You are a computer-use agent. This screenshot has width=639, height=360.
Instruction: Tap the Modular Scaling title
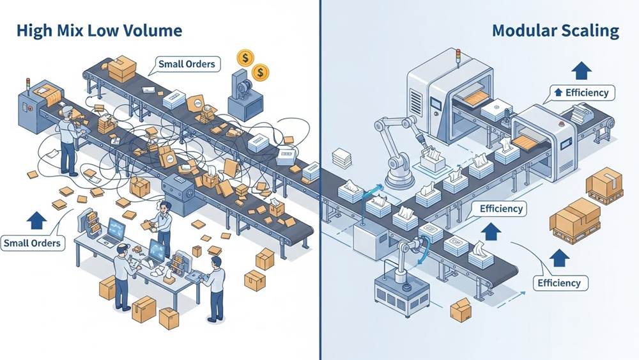[x=555, y=30]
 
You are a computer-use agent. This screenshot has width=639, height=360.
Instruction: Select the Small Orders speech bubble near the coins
[x=187, y=64]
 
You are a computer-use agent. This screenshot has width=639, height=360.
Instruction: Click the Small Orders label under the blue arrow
[x=32, y=243]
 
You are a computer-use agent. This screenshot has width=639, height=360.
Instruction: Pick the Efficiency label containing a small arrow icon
[x=580, y=93]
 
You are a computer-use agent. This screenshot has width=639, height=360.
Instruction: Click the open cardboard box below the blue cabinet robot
[x=460, y=309]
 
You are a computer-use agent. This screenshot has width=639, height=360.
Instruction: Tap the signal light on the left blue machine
[x=27, y=83]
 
